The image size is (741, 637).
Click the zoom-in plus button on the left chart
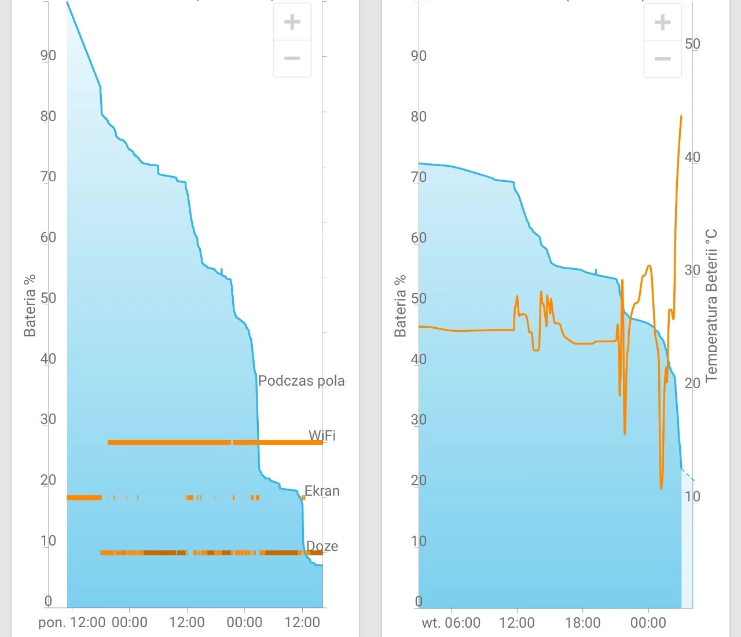pos(292,22)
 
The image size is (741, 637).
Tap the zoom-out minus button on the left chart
pos(292,58)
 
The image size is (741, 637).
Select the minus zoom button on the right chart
pos(662,58)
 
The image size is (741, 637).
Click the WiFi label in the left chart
pos(322,435)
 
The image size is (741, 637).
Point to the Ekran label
pos(322,491)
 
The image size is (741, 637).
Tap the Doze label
pos(322,546)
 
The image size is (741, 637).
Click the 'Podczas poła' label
pos(301,381)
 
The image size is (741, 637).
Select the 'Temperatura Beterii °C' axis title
pos(711,306)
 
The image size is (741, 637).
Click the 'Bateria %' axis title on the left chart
pos(30,306)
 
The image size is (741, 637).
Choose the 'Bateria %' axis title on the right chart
pos(400,306)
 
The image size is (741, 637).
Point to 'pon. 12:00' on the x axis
pos(72,623)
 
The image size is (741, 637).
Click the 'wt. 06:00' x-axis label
pos(451,623)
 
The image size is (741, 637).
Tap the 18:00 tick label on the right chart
pos(582,623)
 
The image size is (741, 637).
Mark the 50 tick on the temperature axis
pos(692,43)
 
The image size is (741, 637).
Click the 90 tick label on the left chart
pos(48,56)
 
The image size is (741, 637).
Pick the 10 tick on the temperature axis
pos(692,496)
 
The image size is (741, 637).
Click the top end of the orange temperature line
pos(681,116)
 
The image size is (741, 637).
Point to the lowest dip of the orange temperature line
pos(661,488)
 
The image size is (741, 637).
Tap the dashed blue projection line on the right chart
pos(688,475)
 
